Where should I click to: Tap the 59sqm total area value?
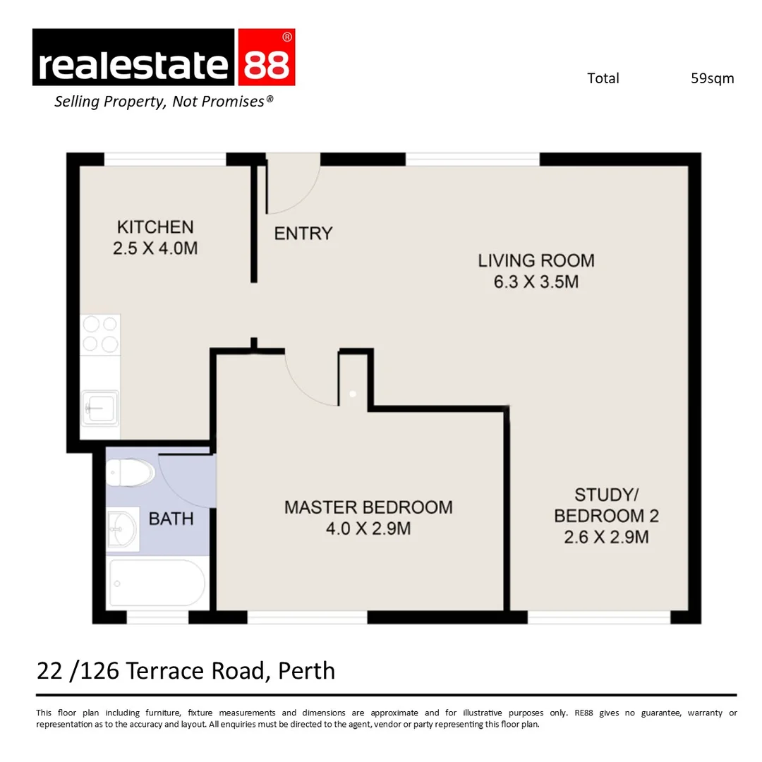(x=712, y=78)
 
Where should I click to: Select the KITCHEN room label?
(x=155, y=227)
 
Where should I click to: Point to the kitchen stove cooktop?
(x=99, y=334)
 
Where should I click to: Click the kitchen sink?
(x=99, y=407)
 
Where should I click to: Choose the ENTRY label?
(x=303, y=234)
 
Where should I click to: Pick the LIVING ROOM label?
(x=536, y=260)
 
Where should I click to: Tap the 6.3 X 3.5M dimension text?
(x=536, y=282)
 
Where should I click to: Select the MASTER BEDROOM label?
(x=368, y=507)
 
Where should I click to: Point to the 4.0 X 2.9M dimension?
(x=368, y=528)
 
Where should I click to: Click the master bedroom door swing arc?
(x=310, y=381)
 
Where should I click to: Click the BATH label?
(x=171, y=519)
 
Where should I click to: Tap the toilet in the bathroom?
(x=132, y=472)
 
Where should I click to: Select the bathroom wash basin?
(x=122, y=528)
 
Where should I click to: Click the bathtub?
(x=157, y=583)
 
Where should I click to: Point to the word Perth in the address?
(x=306, y=670)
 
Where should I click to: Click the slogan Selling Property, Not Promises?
(x=164, y=102)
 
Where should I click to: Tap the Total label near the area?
(x=603, y=78)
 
